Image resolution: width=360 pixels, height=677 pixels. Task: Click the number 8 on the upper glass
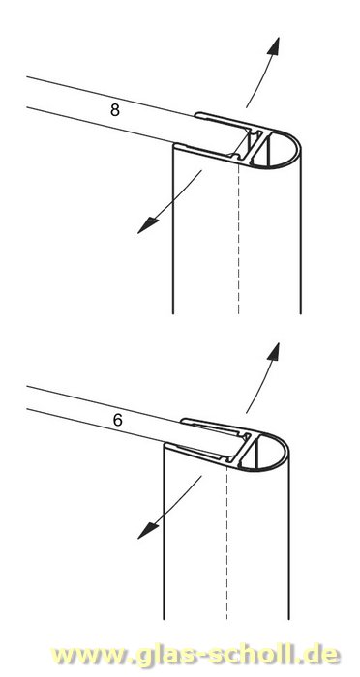(114, 109)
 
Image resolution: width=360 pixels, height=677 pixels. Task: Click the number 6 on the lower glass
(117, 420)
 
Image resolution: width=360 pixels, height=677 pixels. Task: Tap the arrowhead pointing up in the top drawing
(273, 45)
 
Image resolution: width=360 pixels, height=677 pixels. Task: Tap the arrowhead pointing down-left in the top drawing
(148, 225)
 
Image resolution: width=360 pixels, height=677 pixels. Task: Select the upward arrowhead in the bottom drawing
(273, 351)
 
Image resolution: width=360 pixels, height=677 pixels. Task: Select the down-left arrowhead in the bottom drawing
(148, 531)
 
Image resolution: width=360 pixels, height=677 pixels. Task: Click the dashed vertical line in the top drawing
(239, 238)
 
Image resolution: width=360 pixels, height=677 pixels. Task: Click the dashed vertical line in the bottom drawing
(226, 544)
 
